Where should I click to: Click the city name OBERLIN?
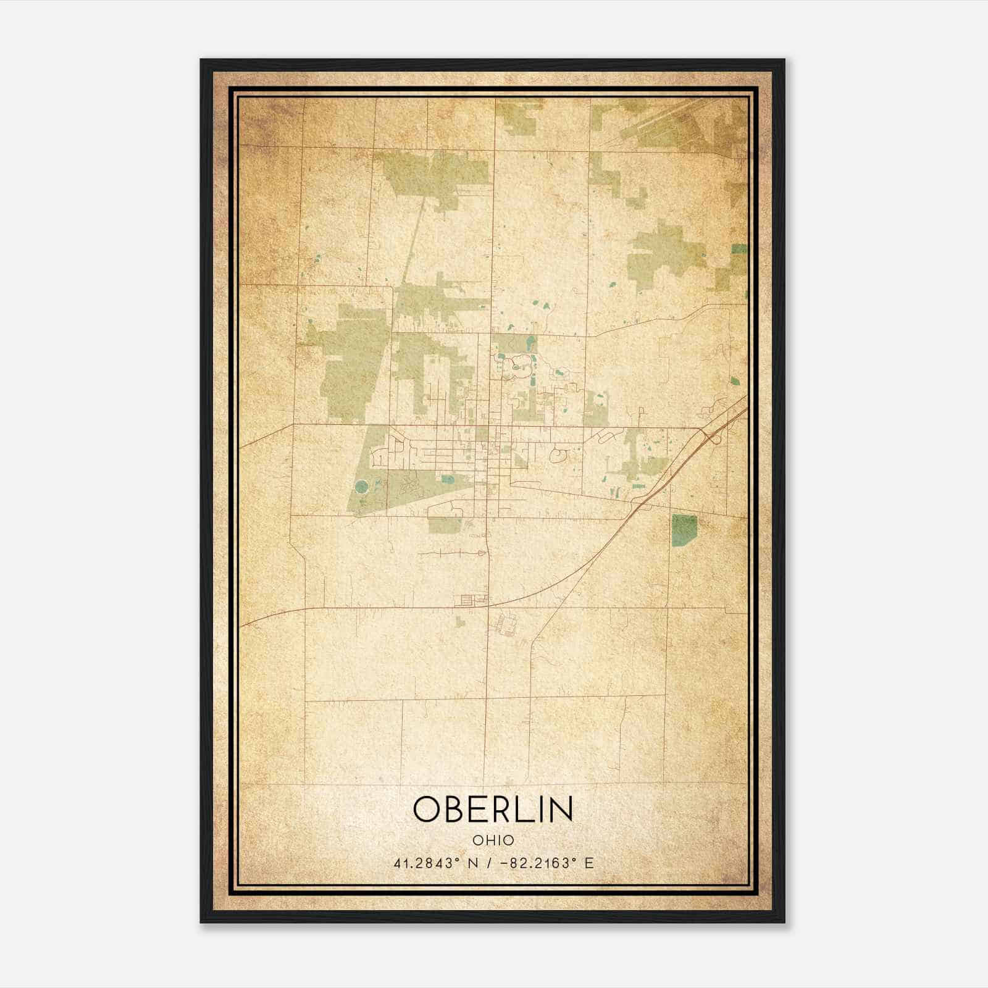click(x=493, y=809)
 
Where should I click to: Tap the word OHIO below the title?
click(x=493, y=840)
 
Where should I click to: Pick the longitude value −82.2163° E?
click(x=545, y=863)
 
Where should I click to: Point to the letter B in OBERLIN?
click(x=453, y=809)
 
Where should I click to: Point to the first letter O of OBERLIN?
click(x=426, y=809)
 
